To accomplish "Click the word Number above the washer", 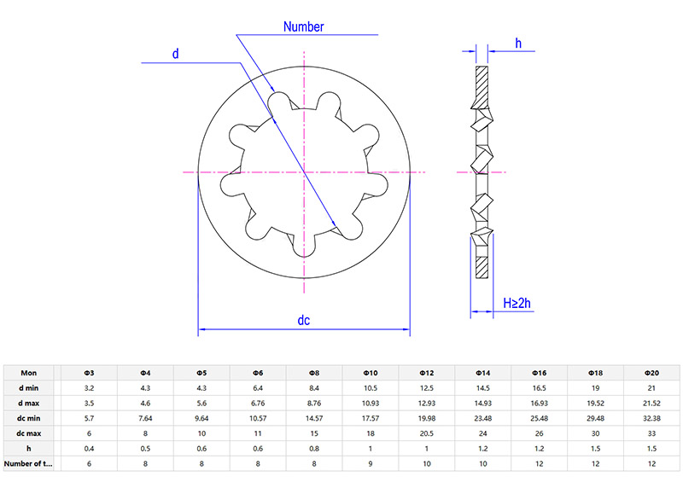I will point(303,26).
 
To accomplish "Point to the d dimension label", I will point(175,54).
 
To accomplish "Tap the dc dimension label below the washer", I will point(303,321).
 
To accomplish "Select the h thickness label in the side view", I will point(518,43).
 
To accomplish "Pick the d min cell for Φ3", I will point(88,387).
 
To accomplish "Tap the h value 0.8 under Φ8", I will point(313,448).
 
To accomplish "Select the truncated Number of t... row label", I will point(27,463).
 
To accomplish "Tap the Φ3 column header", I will point(88,373).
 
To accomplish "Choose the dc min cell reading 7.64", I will point(144,418).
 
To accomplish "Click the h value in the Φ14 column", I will point(482,448).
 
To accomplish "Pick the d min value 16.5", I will point(539,387).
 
